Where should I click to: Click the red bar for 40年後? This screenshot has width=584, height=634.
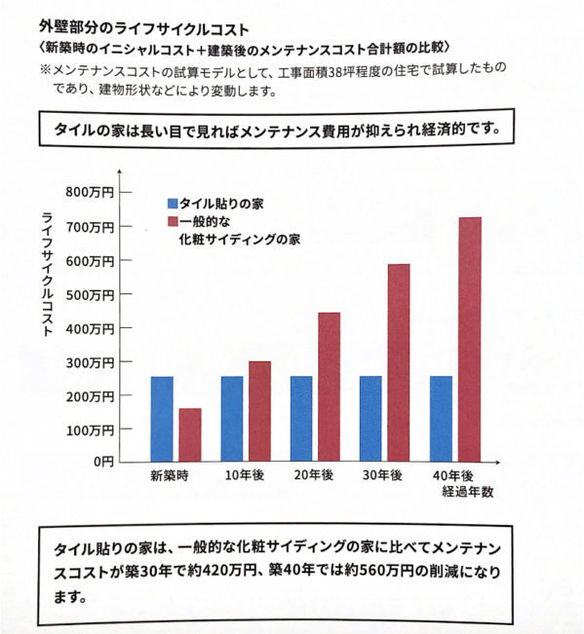[470, 339]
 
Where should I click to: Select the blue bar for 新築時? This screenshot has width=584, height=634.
[162, 419]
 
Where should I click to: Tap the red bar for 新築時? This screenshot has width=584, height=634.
[190, 435]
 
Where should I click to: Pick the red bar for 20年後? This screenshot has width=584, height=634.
[329, 387]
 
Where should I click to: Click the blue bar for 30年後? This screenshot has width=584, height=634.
[370, 419]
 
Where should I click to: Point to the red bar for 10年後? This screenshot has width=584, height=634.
[259, 412]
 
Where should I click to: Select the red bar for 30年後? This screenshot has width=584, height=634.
[399, 362]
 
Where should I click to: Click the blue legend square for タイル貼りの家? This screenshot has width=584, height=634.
[173, 203]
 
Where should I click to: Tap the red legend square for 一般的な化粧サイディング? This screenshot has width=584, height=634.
[173, 221]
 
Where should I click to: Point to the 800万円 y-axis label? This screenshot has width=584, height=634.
[90, 193]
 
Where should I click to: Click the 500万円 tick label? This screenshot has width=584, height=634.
[90, 295]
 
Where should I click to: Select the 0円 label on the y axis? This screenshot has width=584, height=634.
[103, 462]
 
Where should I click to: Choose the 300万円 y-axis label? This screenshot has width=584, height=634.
[90, 362]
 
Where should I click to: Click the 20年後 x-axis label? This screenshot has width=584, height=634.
[314, 475]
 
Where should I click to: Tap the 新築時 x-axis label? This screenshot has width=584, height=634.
[170, 475]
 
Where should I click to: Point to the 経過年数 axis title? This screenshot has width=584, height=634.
[468, 492]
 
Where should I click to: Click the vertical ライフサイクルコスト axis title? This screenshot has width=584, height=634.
[47, 275]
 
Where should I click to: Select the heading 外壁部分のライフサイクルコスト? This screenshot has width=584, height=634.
[144, 29]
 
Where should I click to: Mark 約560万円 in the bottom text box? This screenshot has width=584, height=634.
[379, 571]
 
